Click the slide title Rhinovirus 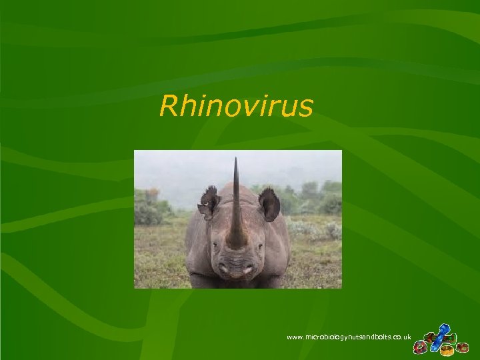click(236, 105)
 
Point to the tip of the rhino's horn click(235, 159)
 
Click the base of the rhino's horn click(236, 240)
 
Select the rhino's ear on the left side click(209, 201)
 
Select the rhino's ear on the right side click(269, 203)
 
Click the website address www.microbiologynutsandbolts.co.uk click(348, 338)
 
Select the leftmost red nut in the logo click(420, 348)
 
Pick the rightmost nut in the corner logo click(463, 347)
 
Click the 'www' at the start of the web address click(295, 338)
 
